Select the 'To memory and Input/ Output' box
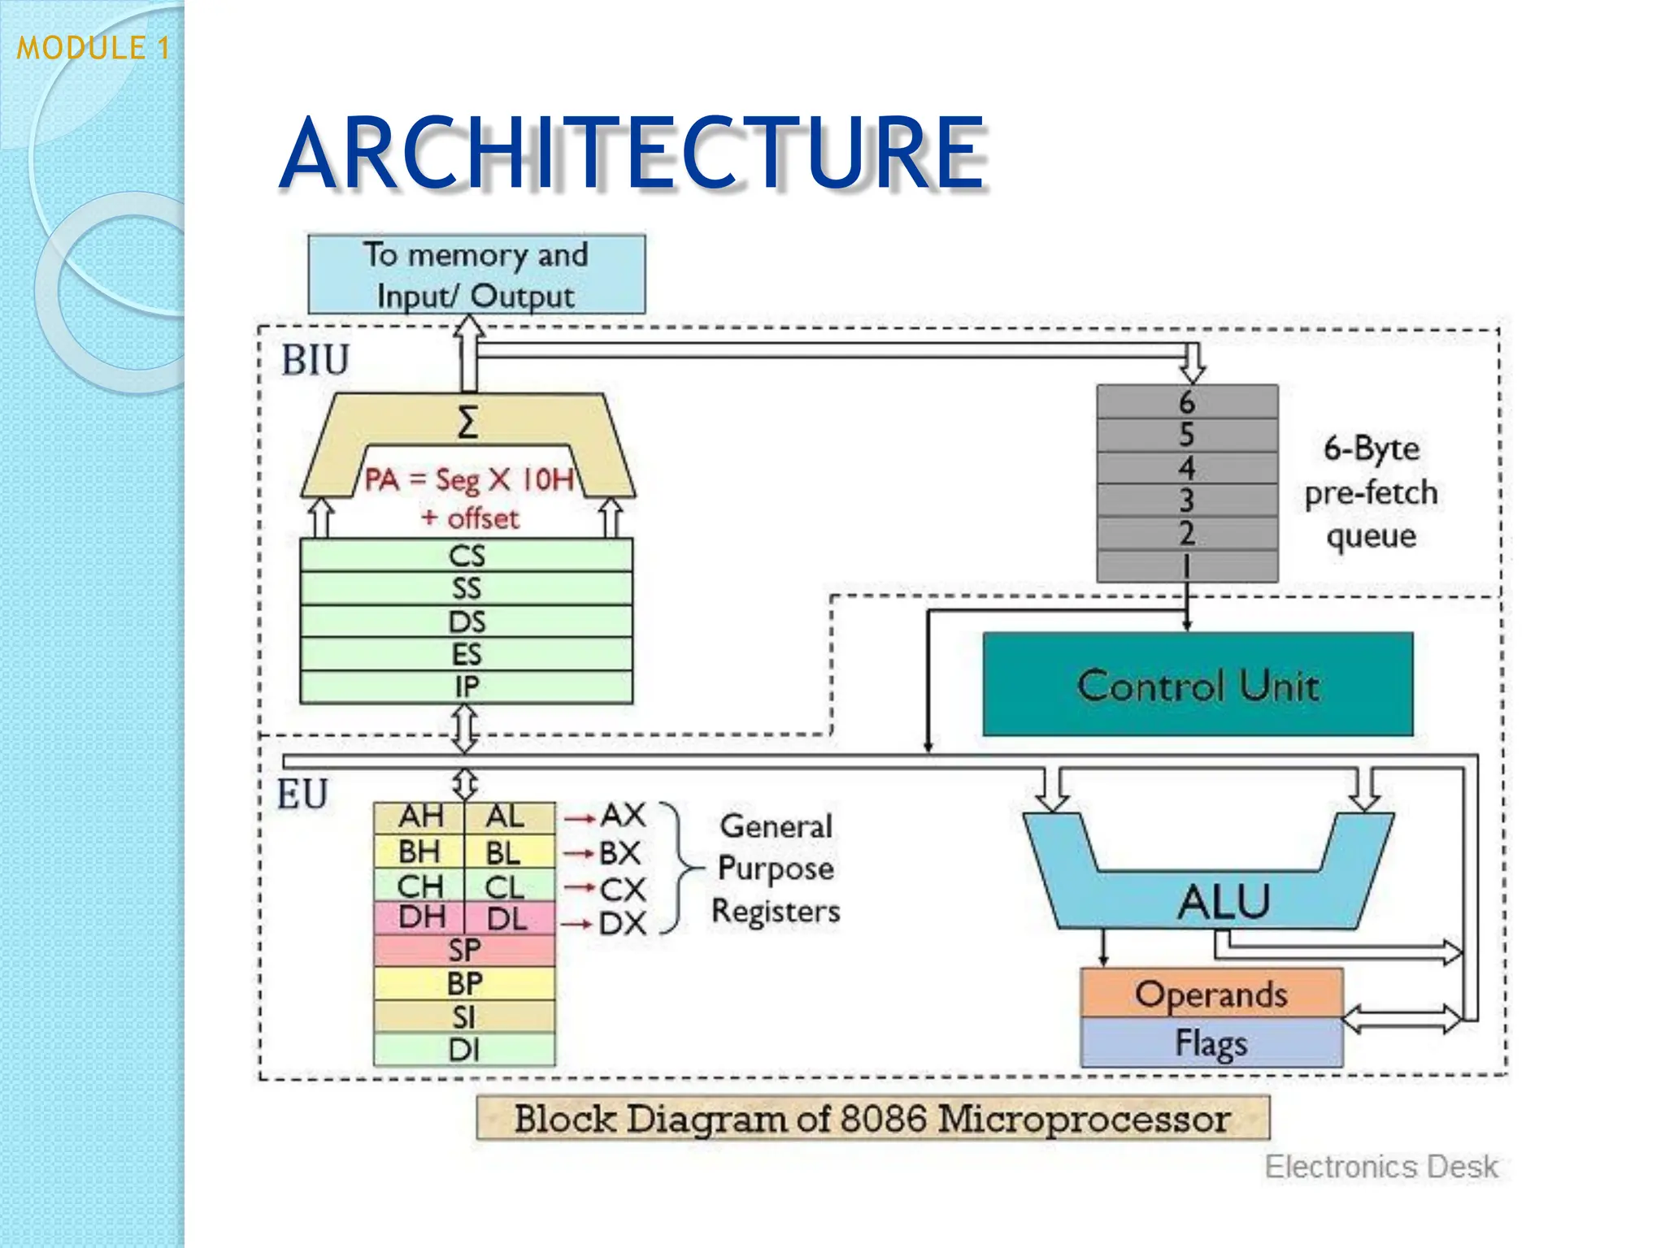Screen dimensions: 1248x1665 476,275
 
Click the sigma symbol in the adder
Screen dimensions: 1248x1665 467,422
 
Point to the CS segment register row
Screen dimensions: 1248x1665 466,556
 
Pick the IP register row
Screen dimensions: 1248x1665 466,687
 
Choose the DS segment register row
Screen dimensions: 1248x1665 466,622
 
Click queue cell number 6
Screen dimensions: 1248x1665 1186,402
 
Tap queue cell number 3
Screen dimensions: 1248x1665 1186,500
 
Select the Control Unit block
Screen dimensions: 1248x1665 1198,685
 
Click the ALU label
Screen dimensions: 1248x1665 1224,902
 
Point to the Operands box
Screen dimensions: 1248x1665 1211,993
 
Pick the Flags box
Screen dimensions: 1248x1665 1211,1043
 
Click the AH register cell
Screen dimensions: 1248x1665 420,817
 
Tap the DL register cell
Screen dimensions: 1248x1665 507,919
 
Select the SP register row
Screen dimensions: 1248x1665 464,950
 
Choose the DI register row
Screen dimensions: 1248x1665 464,1050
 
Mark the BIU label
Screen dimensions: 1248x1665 315,360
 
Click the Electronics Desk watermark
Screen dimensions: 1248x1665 1380,1167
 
